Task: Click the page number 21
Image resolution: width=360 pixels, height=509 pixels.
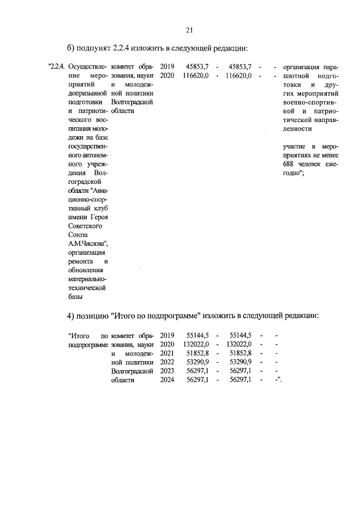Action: pyautogui.click(x=189, y=30)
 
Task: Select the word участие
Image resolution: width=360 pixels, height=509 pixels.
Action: pyautogui.click(x=296, y=147)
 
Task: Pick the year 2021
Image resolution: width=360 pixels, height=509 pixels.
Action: pyautogui.click(x=167, y=353)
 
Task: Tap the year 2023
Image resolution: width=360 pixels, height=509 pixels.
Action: pyautogui.click(x=167, y=371)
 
